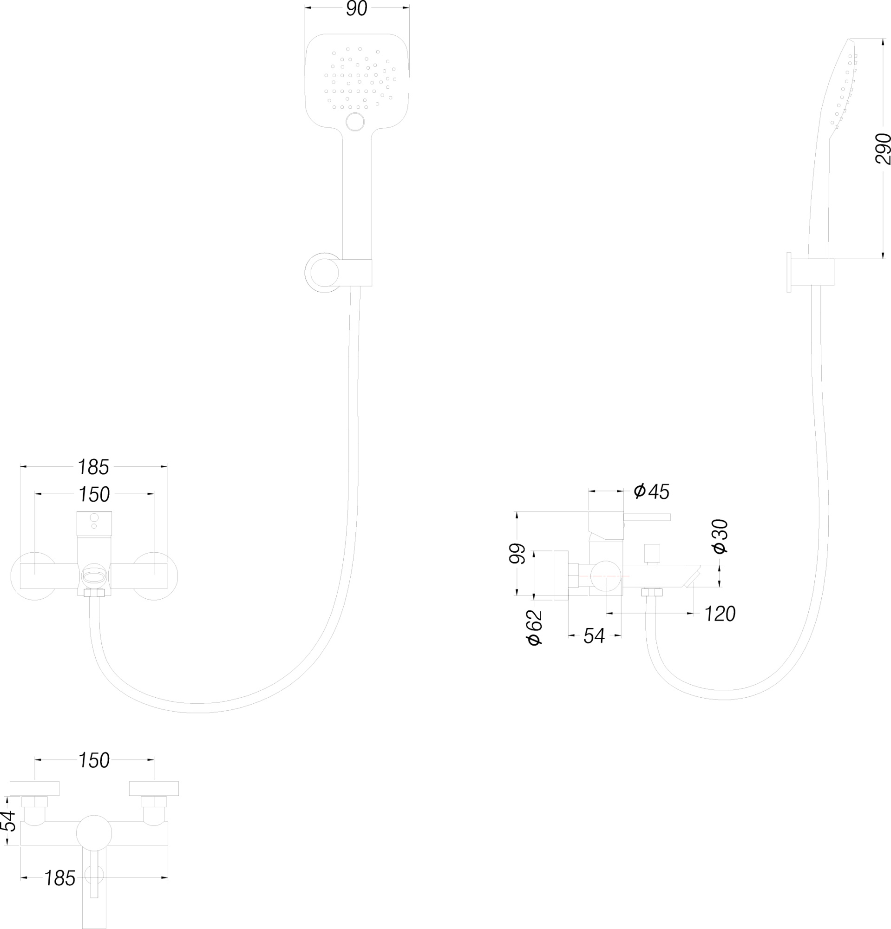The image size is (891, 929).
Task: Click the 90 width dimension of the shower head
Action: click(x=356, y=8)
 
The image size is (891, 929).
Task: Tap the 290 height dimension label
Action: click(x=883, y=149)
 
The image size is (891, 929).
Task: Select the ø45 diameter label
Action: click(x=652, y=491)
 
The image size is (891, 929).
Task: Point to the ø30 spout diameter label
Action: click(x=720, y=536)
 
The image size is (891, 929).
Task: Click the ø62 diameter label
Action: click(x=534, y=627)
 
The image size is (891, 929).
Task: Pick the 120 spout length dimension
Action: click(x=720, y=614)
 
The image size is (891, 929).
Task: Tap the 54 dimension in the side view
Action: click(x=594, y=635)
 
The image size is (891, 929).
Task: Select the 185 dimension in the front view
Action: click(x=93, y=467)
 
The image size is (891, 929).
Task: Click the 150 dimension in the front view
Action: click(x=94, y=494)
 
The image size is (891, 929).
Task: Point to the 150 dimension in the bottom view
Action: click(x=94, y=761)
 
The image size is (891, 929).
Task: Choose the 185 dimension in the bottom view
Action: click(x=60, y=878)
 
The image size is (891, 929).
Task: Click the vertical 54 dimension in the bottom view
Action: click(x=8, y=821)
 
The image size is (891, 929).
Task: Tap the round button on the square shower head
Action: click(x=355, y=122)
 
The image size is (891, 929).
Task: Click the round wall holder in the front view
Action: click(x=325, y=273)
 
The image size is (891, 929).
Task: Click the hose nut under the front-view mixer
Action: click(x=94, y=593)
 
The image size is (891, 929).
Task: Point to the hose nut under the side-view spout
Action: click(x=652, y=592)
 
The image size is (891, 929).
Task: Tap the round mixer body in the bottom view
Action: click(x=94, y=833)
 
